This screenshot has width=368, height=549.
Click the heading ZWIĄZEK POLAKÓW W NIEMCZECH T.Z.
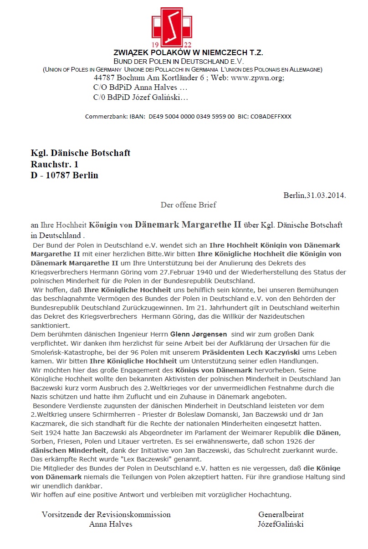(188, 53)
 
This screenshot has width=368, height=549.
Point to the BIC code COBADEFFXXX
(271, 117)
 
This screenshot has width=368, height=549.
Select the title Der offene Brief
(188, 205)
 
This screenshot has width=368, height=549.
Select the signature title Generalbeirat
(281, 514)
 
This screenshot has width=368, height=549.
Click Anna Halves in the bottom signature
(111, 524)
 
